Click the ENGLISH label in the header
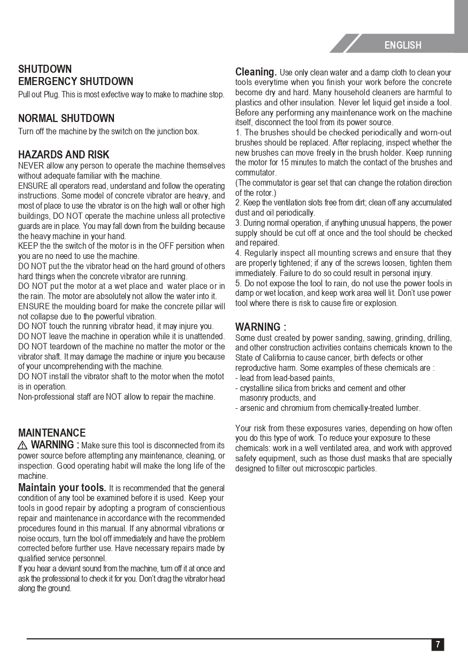(403, 45)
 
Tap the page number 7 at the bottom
(438, 644)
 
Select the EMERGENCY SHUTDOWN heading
(75, 81)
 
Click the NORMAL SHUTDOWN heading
(66, 118)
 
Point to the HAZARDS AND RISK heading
(64, 155)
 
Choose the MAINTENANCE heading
(52, 433)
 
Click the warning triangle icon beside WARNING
(22, 445)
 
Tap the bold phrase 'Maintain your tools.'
(62, 488)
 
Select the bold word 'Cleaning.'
(256, 72)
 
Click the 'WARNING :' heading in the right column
(260, 327)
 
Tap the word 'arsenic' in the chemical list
(252, 408)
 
